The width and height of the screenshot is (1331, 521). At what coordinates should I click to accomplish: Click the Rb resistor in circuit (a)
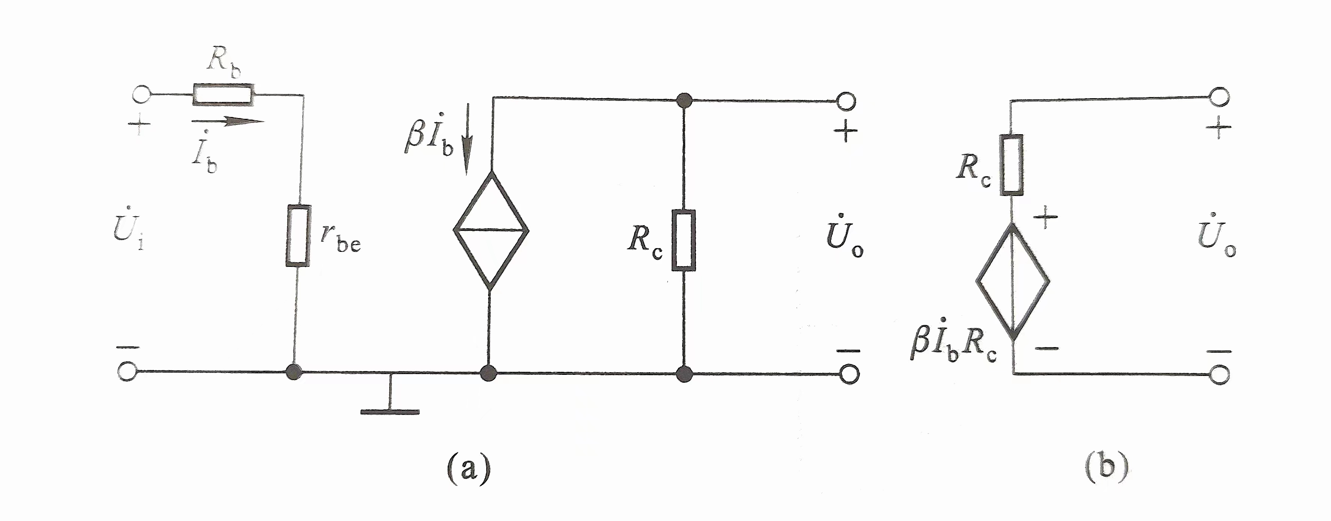pos(223,94)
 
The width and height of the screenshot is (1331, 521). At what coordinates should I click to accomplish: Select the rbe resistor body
pos(298,236)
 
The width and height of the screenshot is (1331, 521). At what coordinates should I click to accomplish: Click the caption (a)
pos(468,468)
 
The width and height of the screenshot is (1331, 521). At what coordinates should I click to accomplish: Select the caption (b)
pos(1106,468)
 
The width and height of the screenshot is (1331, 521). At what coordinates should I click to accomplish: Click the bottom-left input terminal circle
pos(127,371)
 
